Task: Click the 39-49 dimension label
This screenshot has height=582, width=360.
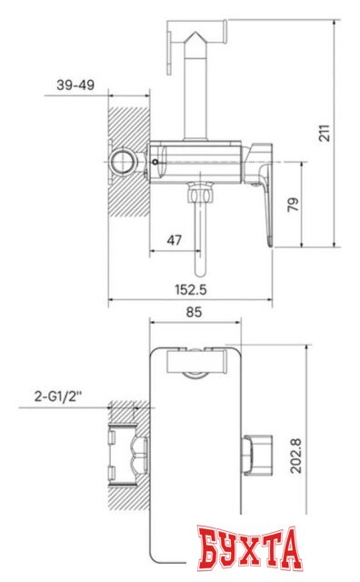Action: click(x=75, y=85)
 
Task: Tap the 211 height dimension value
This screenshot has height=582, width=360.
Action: click(x=325, y=133)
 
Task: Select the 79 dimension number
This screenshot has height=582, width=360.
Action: click(x=293, y=205)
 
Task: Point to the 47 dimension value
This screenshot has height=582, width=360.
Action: click(x=174, y=240)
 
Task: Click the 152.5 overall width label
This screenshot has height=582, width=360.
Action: click(x=191, y=289)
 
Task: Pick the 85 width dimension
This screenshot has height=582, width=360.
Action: click(x=194, y=312)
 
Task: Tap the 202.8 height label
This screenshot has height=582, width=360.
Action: click(x=295, y=456)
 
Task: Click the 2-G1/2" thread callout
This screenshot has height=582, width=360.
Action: click(x=58, y=396)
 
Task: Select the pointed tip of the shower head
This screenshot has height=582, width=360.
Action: click(x=196, y=33)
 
